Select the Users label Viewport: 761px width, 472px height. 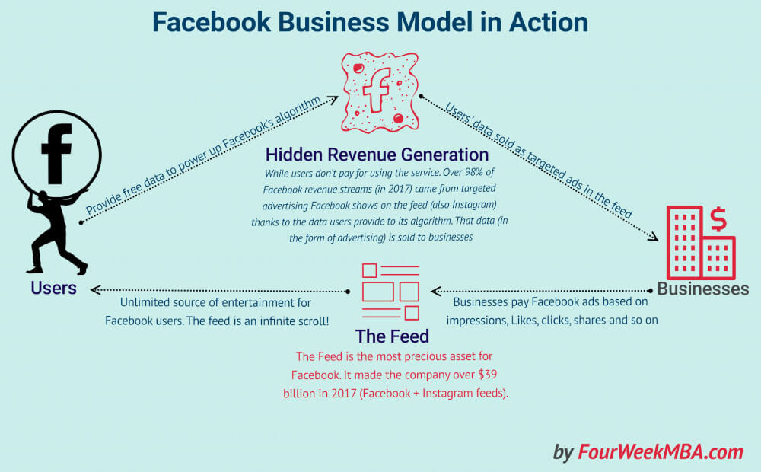point(53,288)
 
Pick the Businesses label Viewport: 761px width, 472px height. point(702,289)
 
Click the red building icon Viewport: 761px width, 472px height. point(699,242)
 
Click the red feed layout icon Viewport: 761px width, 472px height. point(390,292)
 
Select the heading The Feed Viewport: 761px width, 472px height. point(392,336)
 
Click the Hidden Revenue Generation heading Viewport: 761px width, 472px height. point(377,155)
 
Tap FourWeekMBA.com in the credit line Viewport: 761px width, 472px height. point(660,451)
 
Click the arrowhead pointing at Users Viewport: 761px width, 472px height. point(94,290)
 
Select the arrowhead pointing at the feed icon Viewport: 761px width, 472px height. point(435,290)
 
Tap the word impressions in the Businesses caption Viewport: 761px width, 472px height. point(478,320)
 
